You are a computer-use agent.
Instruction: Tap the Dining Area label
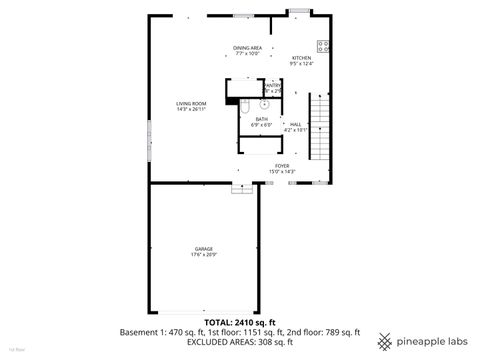(247, 48)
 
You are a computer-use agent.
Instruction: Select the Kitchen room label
(302, 58)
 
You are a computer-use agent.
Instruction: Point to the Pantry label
(272, 86)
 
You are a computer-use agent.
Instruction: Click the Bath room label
(261, 119)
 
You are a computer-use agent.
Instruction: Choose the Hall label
(296, 124)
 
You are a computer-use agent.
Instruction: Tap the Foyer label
(282, 166)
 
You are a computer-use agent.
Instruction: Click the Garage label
(205, 249)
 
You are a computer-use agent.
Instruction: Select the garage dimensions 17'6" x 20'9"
(205, 255)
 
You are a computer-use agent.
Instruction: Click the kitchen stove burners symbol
(323, 45)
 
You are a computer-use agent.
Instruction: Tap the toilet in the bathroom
(245, 104)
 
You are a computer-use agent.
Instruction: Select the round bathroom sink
(265, 103)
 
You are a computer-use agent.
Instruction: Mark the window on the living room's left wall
(150, 135)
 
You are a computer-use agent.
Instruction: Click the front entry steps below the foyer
(239, 187)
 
